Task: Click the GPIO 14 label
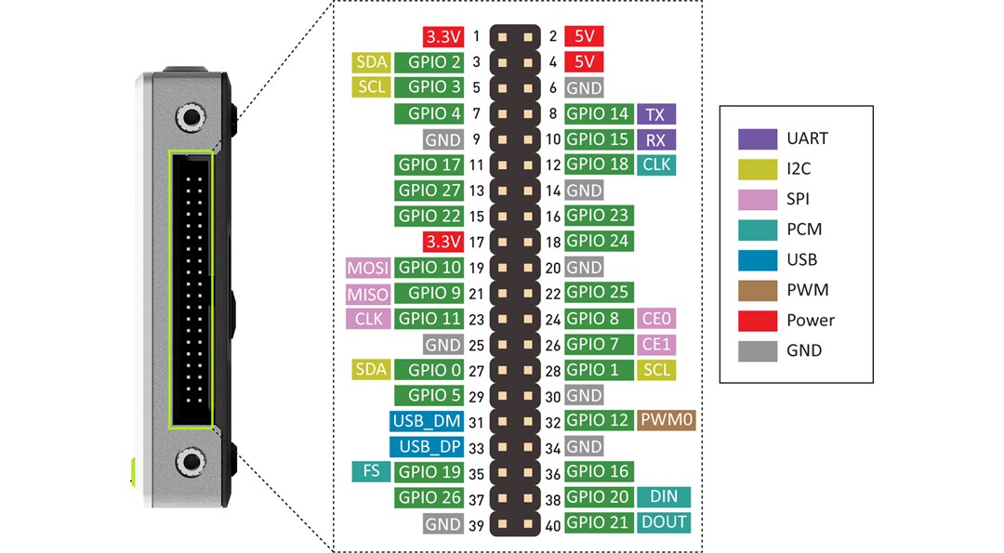point(598,114)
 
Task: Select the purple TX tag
point(655,114)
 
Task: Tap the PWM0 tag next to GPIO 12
point(667,420)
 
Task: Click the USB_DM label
point(427,420)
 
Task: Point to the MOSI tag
point(367,268)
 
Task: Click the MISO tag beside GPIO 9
point(367,294)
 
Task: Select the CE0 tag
point(655,319)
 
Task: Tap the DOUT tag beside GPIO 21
point(664,522)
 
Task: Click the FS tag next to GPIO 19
point(371,471)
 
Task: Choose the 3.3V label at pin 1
point(442,37)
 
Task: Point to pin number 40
point(551,522)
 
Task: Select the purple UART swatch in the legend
point(757,138)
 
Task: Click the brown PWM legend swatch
point(757,290)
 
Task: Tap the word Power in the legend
point(811,321)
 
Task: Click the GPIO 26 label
point(429,497)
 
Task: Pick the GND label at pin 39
point(443,522)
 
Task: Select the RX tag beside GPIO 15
point(655,139)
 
